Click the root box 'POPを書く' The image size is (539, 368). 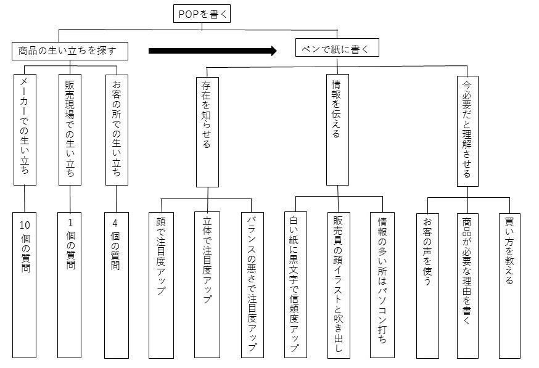point(202,14)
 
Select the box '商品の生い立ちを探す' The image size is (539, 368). point(70,51)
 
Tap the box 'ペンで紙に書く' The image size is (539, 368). point(337,47)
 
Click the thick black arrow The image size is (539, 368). point(213,51)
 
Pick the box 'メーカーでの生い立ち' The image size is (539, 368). point(25,129)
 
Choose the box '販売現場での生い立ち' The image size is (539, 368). point(70,129)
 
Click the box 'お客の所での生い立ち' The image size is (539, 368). point(117,130)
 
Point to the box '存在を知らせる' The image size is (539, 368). point(207,132)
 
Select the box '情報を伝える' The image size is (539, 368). point(337,129)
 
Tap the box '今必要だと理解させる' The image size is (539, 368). point(467,131)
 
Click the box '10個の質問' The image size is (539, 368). point(25,285)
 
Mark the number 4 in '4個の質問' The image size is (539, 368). point(115,223)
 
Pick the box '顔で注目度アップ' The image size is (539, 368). point(161,285)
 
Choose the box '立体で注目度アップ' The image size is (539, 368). point(207,285)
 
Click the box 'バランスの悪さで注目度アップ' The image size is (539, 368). point(252,285)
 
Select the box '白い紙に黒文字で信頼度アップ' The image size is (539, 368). point(295,285)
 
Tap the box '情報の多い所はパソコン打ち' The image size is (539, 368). point(382,285)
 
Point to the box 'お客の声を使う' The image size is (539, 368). point(427,286)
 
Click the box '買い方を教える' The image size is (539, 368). point(509,286)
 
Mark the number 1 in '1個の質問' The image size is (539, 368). point(70,223)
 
